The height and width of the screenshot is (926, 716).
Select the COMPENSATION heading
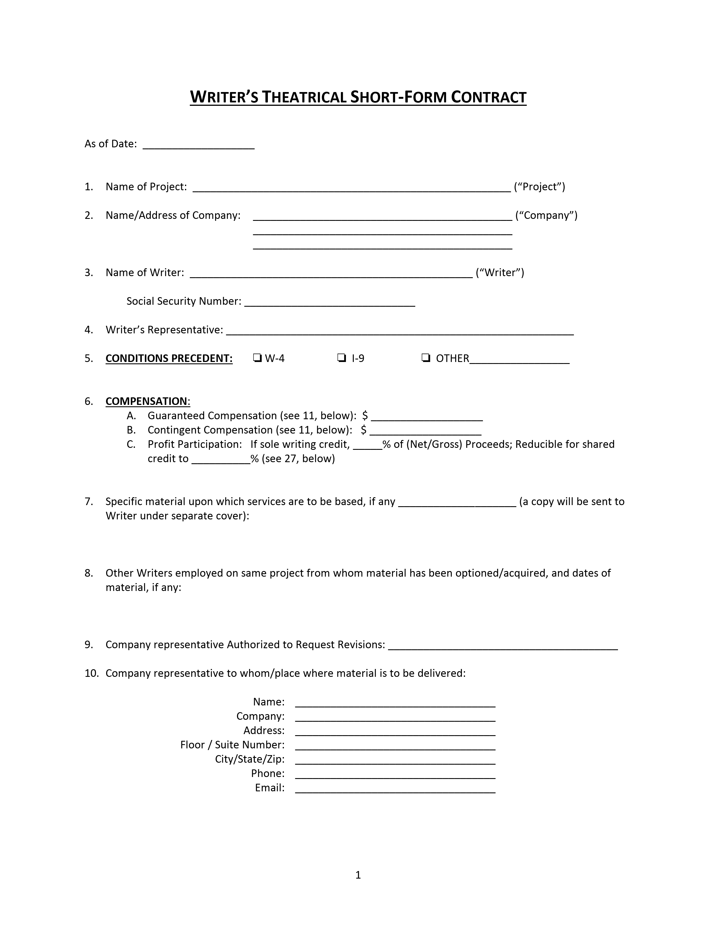146,401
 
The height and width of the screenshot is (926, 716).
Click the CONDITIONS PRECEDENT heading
169,358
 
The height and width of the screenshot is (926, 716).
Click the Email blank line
395,789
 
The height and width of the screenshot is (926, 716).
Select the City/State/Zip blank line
395,761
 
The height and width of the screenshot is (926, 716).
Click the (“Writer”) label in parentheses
500,272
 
